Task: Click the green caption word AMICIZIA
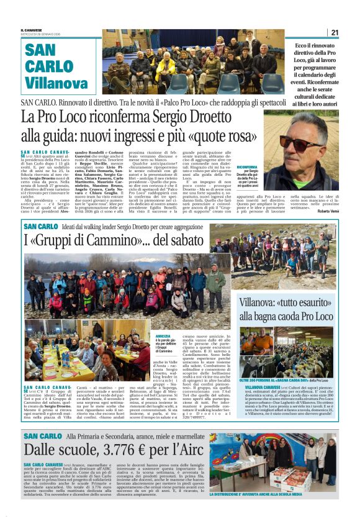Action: coord(163,337)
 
